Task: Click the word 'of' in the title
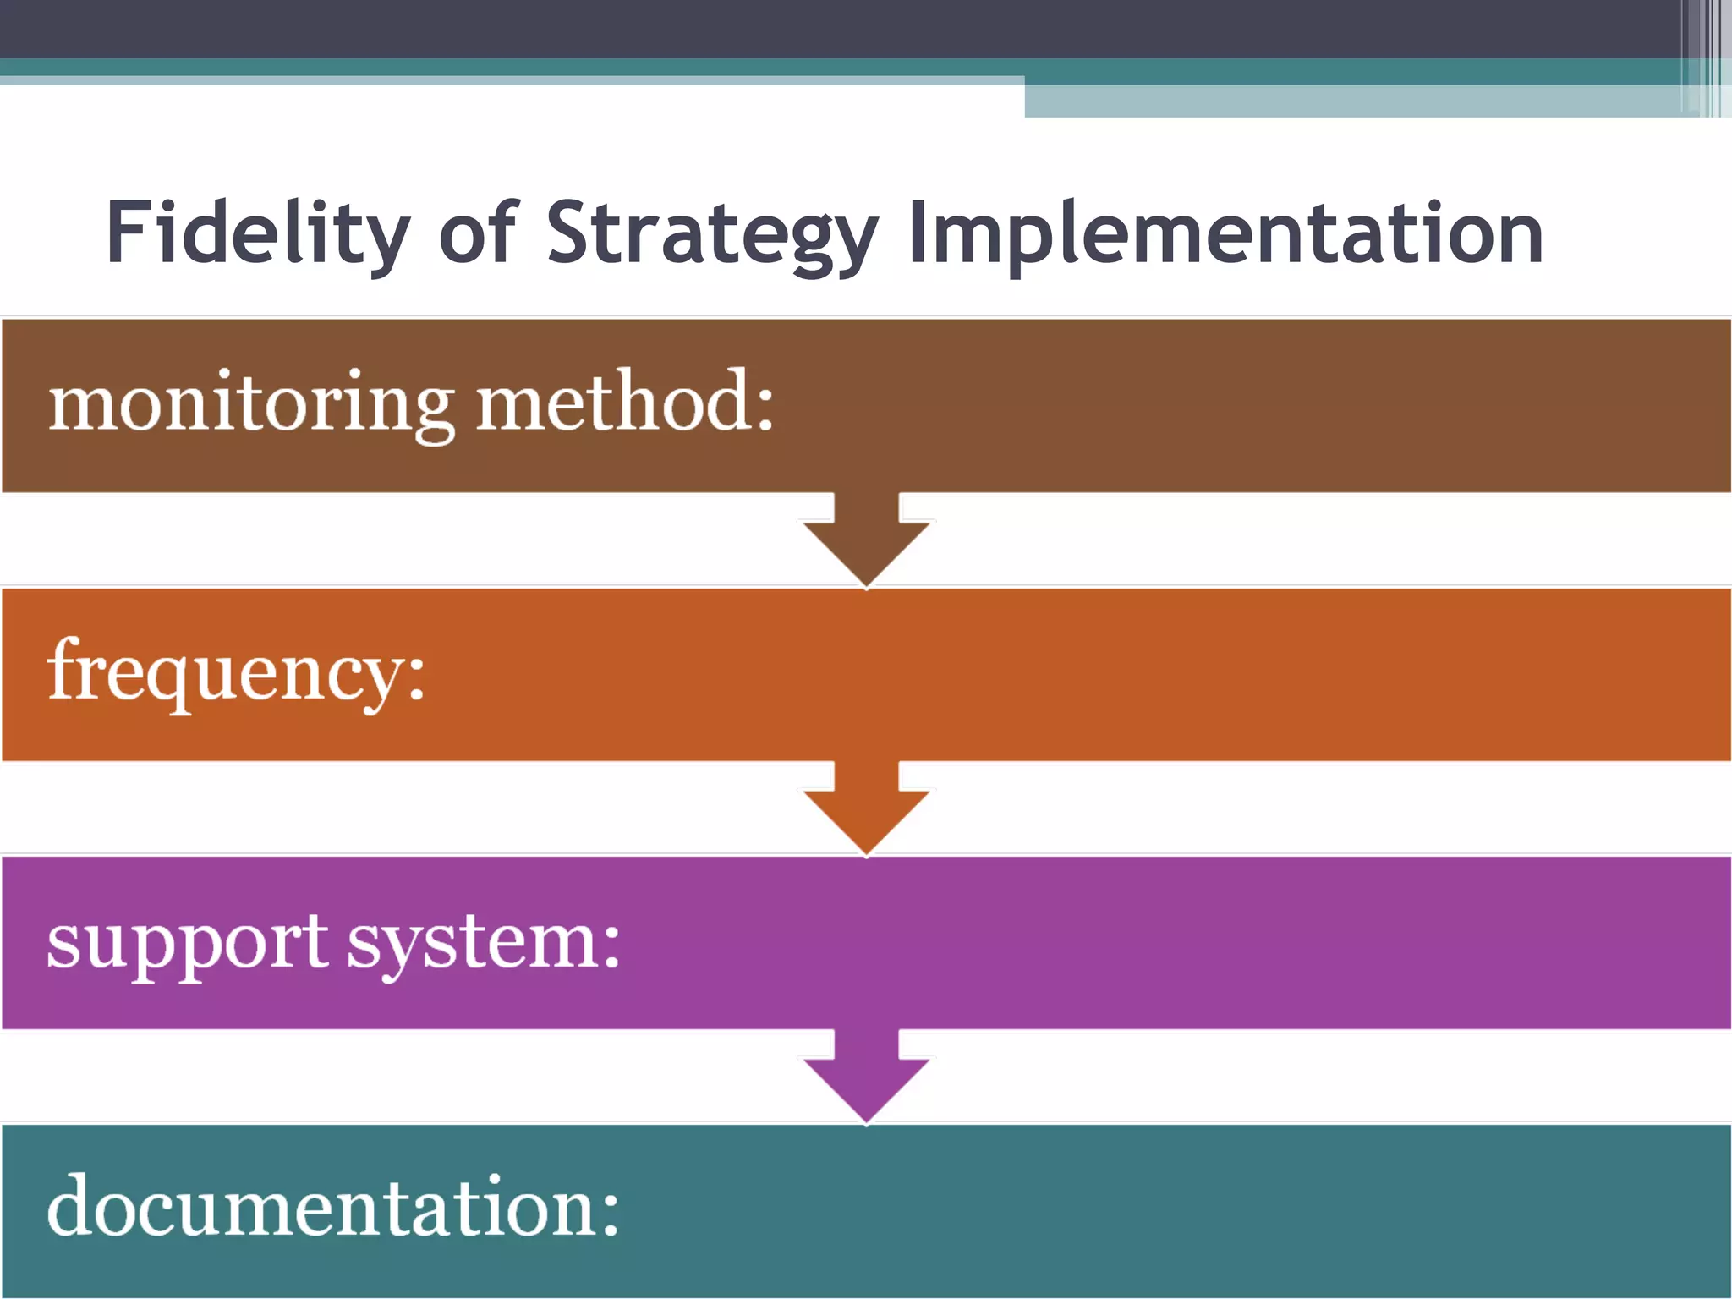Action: pos(478,232)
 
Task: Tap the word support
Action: pos(187,943)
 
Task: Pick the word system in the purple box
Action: pos(470,943)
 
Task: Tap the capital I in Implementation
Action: pos(918,232)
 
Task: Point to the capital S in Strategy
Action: pos(571,232)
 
